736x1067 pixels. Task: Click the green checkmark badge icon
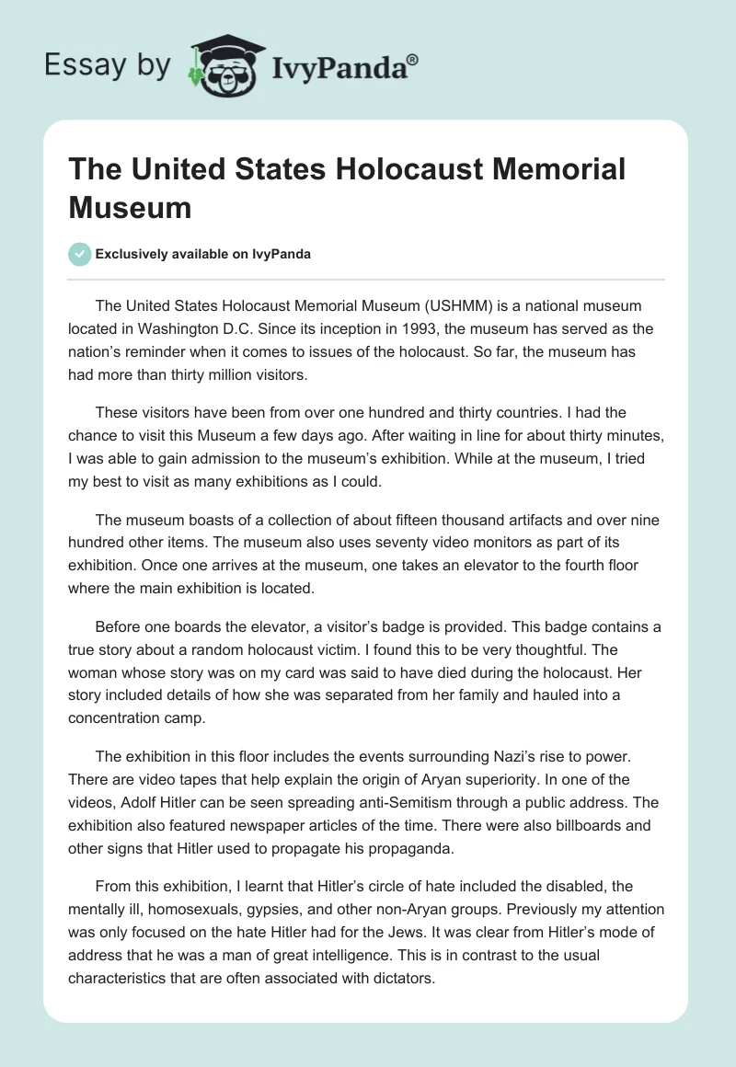click(x=80, y=254)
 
